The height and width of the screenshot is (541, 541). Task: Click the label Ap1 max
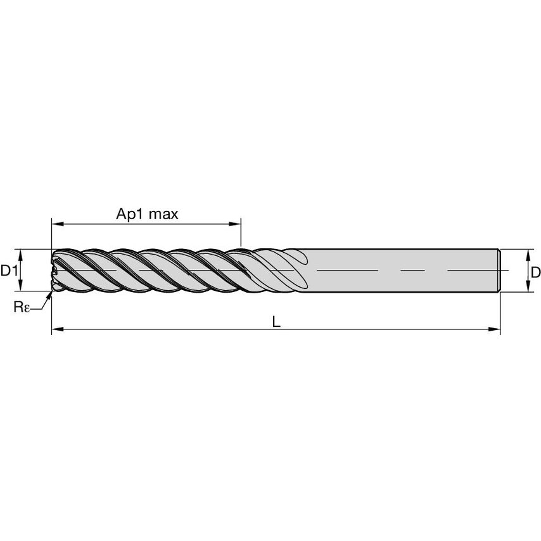(x=147, y=214)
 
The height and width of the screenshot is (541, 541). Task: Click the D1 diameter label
(x=8, y=271)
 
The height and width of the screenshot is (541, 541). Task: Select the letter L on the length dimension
(x=276, y=321)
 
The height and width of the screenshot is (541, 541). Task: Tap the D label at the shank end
(x=535, y=272)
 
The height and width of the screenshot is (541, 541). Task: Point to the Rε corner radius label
(x=22, y=307)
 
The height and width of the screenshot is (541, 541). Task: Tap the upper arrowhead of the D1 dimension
(x=21, y=253)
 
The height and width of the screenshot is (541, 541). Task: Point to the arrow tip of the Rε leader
(x=51, y=293)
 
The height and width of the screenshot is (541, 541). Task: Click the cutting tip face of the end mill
(x=54, y=271)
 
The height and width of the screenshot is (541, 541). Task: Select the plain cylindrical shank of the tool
(x=399, y=270)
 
